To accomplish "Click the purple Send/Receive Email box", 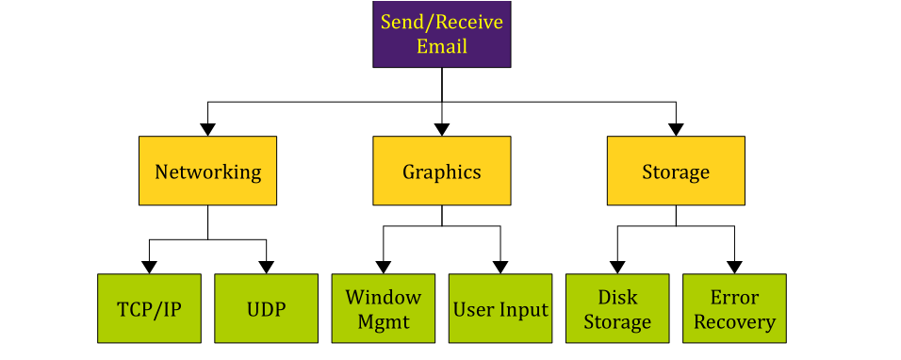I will [x=441, y=34].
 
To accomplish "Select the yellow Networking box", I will [x=207, y=171].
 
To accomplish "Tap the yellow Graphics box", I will [x=441, y=171].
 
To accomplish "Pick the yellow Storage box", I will [x=676, y=171].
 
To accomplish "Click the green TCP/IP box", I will [x=149, y=308].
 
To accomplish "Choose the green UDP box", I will [x=266, y=308].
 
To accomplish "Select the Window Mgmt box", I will [x=383, y=308].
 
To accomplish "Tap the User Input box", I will [x=500, y=308].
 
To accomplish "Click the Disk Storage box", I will [x=617, y=308].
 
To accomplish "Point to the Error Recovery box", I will [x=734, y=308].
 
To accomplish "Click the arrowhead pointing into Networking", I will [x=207, y=129].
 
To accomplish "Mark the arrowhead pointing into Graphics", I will [x=441, y=129].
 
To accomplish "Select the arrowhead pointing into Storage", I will [x=676, y=129].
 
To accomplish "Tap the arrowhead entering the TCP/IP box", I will [x=149, y=267].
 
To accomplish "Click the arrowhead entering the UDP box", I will [x=266, y=267].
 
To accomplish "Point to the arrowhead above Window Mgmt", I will [x=383, y=267].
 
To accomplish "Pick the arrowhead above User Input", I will [x=500, y=267].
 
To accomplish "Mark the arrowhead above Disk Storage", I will [x=617, y=267].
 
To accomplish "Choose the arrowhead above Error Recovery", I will [x=734, y=267].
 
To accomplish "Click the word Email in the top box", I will [x=441, y=45].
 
